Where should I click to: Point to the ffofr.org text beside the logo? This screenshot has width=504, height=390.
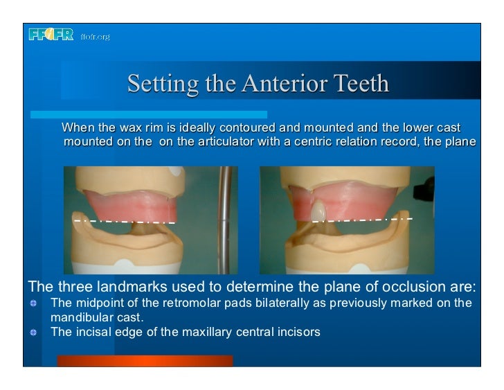[x=96, y=36]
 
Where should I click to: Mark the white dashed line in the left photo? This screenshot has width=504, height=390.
[x=125, y=222]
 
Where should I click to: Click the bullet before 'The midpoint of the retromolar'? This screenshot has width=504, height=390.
[x=32, y=303]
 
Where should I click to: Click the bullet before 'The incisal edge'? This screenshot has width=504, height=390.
[x=32, y=332]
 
